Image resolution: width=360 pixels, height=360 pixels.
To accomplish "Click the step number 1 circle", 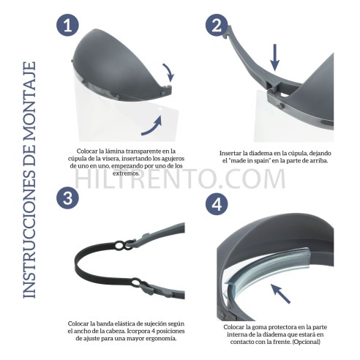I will pyautogui.click(x=68, y=26).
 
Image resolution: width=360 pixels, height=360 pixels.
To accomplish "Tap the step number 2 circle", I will pyautogui.click(x=217, y=26).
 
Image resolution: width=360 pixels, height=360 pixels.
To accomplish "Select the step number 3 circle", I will pyautogui.click(x=68, y=198).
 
